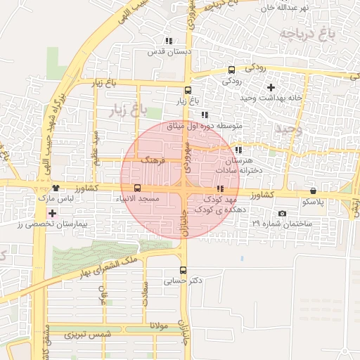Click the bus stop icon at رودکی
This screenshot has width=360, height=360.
(232, 70)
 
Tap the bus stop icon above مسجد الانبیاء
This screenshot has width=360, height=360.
(137, 188)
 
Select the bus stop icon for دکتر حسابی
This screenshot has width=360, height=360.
(183, 270)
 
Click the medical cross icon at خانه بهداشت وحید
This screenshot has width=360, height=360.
(271, 87)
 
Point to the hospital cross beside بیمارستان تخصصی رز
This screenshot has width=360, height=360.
(52, 212)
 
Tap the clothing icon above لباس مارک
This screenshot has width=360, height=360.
(56, 188)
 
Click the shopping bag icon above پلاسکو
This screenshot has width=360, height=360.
(312, 191)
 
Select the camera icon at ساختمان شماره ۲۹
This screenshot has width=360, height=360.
(282, 213)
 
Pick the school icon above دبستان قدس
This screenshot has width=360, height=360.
(168, 41)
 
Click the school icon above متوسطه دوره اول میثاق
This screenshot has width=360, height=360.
(205, 115)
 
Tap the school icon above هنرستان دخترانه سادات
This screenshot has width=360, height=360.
(239, 150)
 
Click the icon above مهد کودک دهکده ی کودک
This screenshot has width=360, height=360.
(221, 188)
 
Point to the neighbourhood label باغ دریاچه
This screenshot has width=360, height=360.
(306, 34)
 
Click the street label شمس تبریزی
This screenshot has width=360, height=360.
(89, 335)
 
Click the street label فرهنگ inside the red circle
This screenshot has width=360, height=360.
(153, 160)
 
